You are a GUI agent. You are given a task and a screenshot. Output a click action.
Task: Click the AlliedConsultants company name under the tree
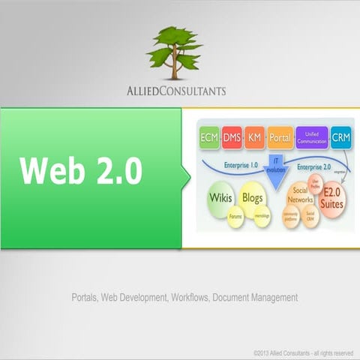(176, 91)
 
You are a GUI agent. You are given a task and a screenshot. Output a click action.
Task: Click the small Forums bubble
(237, 218)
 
